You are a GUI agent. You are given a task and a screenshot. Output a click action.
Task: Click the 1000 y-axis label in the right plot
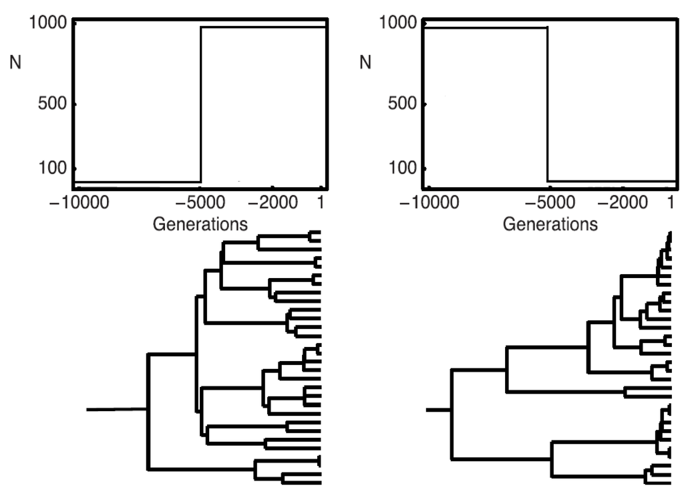click(398, 22)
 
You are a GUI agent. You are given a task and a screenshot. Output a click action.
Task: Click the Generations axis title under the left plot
click(200, 223)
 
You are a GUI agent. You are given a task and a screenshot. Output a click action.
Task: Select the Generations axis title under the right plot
click(550, 223)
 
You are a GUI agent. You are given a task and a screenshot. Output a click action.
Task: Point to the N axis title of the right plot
click(365, 64)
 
